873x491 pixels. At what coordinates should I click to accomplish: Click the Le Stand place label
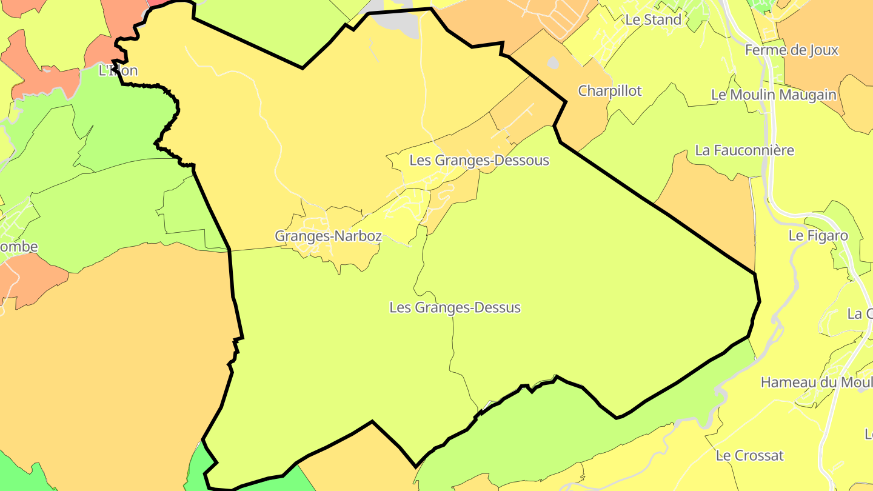click(653, 19)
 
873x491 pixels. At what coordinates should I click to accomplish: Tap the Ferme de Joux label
click(791, 50)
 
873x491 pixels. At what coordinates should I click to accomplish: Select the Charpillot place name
click(609, 91)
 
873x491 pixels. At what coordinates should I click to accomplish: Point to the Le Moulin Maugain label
click(774, 95)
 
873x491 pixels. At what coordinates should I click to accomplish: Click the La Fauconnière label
click(744, 150)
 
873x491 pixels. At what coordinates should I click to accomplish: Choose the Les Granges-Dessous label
click(479, 161)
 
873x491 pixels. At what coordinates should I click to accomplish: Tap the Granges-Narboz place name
click(328, 236)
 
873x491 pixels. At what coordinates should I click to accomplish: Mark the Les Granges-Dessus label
click(455, 308)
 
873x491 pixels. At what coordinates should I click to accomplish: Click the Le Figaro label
click(818, 236)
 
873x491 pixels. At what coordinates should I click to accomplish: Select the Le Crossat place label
click(749, 455)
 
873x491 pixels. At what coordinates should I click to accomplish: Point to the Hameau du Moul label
click(816, 382)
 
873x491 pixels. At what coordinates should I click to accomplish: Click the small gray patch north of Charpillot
click(553, 62)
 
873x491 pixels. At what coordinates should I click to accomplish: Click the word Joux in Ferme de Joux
click(822, 50)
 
